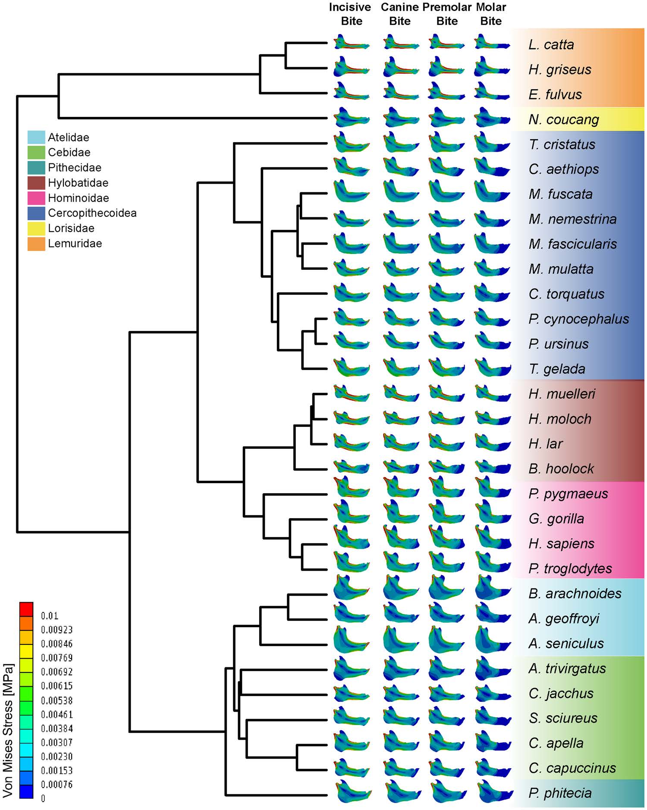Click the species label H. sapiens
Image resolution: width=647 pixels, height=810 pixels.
[x=561, y=544]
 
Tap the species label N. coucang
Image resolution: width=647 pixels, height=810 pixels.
[x=563, y=119]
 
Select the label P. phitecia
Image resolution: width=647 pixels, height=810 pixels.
[x=560, y=793]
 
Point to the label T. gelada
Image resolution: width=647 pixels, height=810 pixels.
[x=557, y=369]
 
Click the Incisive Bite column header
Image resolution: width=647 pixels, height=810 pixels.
[x=350, y=14]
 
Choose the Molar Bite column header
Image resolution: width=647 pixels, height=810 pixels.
[x=491, y=14]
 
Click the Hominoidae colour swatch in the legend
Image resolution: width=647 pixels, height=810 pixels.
[x=36, y=198]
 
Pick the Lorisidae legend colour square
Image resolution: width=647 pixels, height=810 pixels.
[x=36, y=228]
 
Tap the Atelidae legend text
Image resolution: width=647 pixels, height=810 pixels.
[x=68, y=138]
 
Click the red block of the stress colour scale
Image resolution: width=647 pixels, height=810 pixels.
[x=26, y=609]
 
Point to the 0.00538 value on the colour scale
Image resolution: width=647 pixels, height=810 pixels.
[x=57, y=700]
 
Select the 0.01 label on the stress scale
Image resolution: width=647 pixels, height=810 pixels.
[x=50, y=616]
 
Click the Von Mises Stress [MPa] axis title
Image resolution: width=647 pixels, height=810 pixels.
[x=8, y=730]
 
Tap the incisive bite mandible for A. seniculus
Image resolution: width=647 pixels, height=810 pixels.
[x=351, y=640]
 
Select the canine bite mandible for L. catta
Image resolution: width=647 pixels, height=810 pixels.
[x=400, y=43]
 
